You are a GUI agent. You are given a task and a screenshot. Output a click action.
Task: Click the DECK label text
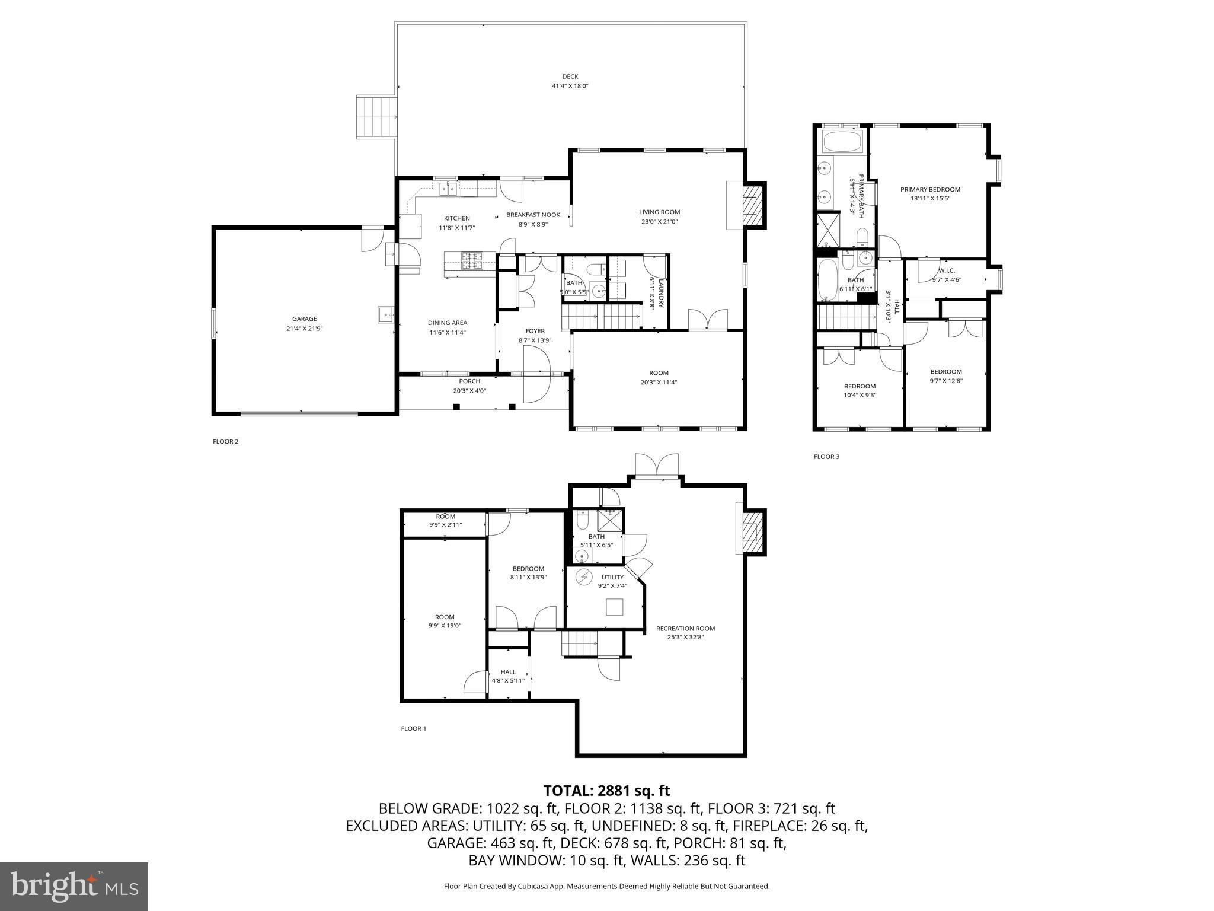(x=570, y=77)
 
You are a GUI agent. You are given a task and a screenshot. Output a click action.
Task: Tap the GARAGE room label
(x=304, y=319)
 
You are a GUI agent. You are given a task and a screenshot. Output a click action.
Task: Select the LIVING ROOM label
(x=659, y=212)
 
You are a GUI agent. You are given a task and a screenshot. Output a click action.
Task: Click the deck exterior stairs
(x=376, y=117)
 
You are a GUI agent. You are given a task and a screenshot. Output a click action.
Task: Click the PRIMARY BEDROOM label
(x=930, y=190)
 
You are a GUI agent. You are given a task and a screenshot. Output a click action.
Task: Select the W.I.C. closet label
(x=947, y=270)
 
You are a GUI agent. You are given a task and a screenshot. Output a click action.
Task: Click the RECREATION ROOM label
(x=685, y=629)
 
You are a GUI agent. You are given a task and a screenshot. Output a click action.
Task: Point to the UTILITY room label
(x=612, y=577)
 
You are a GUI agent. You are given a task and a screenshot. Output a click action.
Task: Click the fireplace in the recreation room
(x=751, y=532)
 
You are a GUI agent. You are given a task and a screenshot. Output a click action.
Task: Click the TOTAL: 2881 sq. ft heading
(x=606, y=791)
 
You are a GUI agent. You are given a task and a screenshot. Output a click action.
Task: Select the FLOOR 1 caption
(x=413, y=728)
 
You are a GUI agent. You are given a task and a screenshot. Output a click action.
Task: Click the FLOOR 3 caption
(x=826, y=457)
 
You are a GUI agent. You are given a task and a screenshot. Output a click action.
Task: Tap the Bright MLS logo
(x=74, y=887)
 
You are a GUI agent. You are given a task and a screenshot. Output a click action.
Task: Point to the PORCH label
(x=469, y=381)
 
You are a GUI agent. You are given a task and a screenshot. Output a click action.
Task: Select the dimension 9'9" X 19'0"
(x=445, y=625)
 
